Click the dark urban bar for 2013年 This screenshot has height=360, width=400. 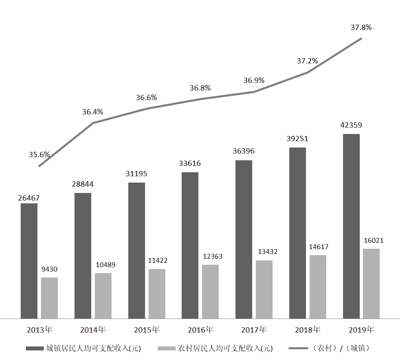29,261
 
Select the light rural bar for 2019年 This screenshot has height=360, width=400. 371,283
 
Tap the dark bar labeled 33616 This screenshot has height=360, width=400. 190,245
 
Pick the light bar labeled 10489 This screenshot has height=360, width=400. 103,295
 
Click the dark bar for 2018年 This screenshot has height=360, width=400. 298,233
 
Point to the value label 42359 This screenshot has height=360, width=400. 351,125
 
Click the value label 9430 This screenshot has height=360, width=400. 49,270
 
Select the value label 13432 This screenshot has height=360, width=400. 265,252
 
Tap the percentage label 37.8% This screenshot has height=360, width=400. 361,28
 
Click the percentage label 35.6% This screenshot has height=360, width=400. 39,155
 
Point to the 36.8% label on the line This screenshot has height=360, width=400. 200,88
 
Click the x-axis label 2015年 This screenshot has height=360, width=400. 147,330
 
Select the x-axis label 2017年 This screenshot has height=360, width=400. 254,330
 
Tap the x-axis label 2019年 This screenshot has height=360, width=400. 361,330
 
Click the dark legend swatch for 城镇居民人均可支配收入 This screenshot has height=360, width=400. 34,348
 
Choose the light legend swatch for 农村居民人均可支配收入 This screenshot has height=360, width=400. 167,348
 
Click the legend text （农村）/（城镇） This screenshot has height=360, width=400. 342,348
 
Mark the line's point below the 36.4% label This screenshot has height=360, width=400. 93,123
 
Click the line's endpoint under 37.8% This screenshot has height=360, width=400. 361,38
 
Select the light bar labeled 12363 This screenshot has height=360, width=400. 210,291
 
